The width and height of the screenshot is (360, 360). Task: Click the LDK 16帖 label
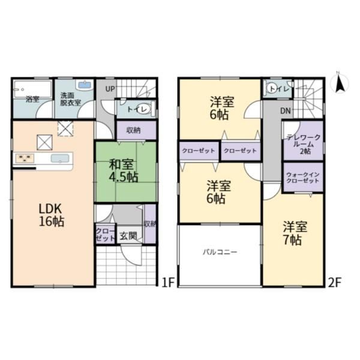[52, 215]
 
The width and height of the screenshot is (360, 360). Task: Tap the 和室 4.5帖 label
[124, 171]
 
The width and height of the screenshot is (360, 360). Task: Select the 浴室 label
[32, 100]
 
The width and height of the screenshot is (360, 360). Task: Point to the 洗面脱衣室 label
[71, 99]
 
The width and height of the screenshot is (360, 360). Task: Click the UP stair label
[110, 89]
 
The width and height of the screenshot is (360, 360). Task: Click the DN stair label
[286, 111]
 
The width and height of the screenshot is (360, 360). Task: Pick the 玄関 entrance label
[128, 236]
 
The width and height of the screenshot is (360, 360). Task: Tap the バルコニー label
[220, 253]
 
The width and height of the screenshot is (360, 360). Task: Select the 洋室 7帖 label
[295, 233]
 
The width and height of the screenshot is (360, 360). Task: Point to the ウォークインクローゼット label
[303, 178]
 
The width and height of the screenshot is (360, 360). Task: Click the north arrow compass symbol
[340, 83]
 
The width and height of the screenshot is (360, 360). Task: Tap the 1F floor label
[169, 283]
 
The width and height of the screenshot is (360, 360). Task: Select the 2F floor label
[335, 283]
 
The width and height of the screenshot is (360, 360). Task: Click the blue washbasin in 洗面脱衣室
[85, 85]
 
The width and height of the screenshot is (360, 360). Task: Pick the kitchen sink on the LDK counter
[60, 158]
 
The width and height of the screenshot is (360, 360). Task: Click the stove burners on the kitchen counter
[25, 158]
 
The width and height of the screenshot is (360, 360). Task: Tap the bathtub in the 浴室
[32, 89]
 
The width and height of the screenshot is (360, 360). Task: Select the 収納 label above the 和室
[133, 130]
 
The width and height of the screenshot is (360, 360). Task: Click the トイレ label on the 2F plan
[280, 89]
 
